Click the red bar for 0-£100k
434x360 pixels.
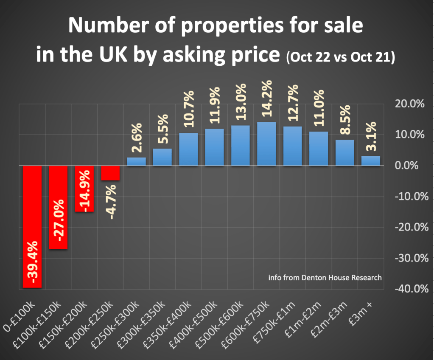[32, 227]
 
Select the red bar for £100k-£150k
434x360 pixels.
[58, 207]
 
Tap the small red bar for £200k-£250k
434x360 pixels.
[110, 173]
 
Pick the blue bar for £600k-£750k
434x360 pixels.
[266, 144]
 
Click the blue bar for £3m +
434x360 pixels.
[370, 161]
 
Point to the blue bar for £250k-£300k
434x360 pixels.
[136, 162]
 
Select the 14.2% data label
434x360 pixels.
[267, 103]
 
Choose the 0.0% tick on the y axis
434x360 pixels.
[410, 166]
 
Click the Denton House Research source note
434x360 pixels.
[325, 278]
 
